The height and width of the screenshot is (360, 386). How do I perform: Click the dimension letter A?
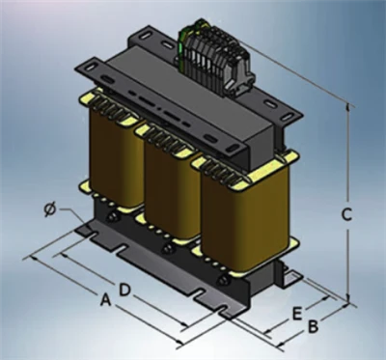click(106, 301)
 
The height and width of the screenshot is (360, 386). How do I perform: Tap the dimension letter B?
click(313, 326)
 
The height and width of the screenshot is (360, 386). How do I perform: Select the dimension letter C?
click(346, 214)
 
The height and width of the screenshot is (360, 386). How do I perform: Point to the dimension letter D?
click(124, 290)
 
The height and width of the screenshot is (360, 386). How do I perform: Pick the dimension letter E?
click(297, 314)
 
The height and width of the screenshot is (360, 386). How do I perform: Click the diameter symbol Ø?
click(50, 209)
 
